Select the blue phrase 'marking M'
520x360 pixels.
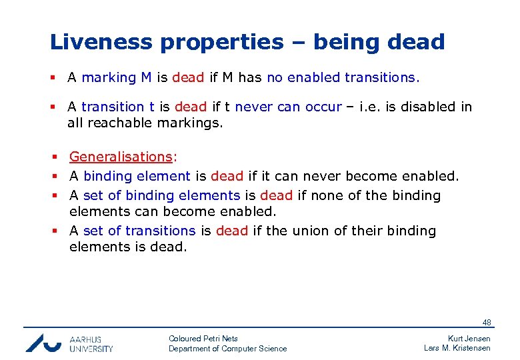pyautogui.click(x=117, y=77)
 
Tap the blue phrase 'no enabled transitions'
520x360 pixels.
pyautogui.click(x=341, y=77)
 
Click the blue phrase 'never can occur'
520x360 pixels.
pyautogui.click(x=288, y=107)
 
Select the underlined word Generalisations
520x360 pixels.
pyautogui.click(x=121, y=157)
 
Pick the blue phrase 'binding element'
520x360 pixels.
pyautogui.click(x=137, y=176)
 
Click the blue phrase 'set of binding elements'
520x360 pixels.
pyautogui.click(x=161, y=195)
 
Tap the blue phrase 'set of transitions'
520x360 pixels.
pyautogui.click(x=139, y=231)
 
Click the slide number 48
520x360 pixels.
pyautogui.click(x=487, y=323)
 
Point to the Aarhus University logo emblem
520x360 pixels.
pyautogui.click(x=43, y=343)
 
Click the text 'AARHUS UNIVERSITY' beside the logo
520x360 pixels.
pyautogui.click(x=91, y=343)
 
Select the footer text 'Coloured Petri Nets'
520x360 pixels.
pyautogui.click(x=203, y=339)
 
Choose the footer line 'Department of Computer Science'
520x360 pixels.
pyautogui.click(x=227, y=349)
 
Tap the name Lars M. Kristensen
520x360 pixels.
pyautogui.click(x=457, y=349)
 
